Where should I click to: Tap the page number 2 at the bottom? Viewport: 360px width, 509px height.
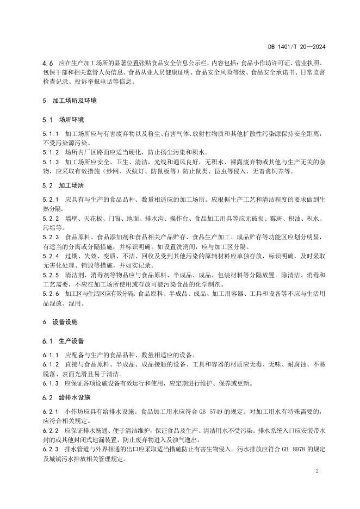[x=316, y=470]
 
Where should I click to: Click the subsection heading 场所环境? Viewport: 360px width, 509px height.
[x=72, y=120]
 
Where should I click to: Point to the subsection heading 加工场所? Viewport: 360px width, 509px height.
[x=72, y=185]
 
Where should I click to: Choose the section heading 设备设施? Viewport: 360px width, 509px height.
[x=65, y=322]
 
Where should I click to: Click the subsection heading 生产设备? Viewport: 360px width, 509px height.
[x=72, y=341]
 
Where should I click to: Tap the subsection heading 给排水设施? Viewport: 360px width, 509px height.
[x=75, y=398]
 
